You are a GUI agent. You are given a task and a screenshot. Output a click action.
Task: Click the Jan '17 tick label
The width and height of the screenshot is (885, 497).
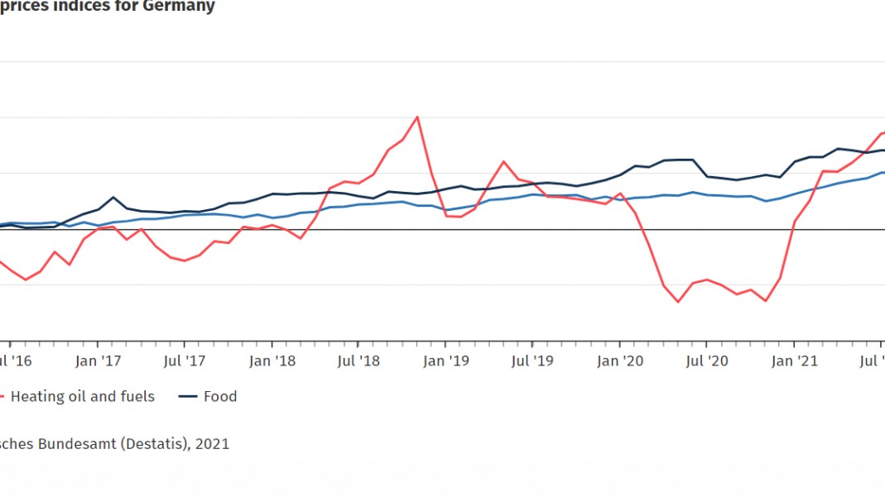[98, 361]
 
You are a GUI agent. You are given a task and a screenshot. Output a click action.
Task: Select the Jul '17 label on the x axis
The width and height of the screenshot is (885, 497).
[185, 361]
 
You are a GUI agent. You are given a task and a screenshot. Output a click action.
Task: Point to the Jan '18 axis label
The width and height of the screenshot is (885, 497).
[272, 361]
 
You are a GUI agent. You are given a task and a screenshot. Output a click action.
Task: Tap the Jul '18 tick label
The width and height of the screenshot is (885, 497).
[359, 361]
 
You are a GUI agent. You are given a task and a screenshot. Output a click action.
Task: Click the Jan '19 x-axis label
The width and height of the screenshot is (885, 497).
[447, 361]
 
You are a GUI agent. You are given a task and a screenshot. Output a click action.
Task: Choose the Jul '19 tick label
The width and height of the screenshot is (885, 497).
[533, 361]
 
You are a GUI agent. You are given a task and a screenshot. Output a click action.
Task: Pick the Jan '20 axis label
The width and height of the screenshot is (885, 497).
[621, 361]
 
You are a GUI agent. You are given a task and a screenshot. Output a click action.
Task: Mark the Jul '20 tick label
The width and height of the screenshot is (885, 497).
[708, 361]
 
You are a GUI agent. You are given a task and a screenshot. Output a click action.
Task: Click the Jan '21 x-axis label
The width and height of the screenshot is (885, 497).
[796, 361]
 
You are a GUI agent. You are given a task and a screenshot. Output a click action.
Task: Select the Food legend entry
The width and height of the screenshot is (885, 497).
[220, 397]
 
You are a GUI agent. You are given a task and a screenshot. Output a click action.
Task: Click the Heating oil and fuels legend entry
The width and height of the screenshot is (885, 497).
[82, 397]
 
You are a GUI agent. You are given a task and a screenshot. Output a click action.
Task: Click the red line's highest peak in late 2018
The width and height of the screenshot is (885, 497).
[417, 117]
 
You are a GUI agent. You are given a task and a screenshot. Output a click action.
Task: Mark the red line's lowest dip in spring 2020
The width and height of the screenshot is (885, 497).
[678, 302]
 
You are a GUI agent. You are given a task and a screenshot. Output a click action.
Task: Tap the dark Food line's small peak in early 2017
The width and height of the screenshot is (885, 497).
[113, 197]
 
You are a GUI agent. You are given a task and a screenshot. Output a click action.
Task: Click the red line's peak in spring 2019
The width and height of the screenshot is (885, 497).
[503, 161]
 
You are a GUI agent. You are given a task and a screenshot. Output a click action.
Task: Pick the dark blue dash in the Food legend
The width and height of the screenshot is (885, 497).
[189, 397]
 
